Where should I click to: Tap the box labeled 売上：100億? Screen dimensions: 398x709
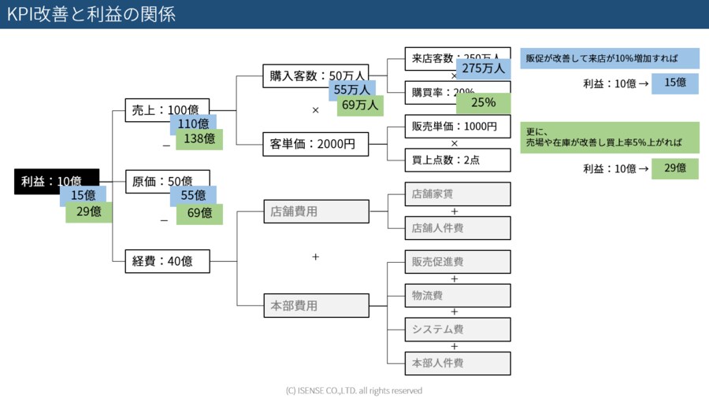167,111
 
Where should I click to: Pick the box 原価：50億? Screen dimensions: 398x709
167,182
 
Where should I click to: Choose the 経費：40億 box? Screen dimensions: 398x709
167,261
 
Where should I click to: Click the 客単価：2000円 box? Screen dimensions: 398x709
315,145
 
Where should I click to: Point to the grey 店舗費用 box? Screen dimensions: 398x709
315,212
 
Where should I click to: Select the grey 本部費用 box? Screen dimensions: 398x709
315,306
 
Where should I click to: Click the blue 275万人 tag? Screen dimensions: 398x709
483,68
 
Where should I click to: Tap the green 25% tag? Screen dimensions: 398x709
483,103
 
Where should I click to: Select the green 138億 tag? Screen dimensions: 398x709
199,139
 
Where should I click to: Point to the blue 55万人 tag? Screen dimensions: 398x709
351,90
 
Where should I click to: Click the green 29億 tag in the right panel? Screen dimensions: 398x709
674,168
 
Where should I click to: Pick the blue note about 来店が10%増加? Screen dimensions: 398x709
610,58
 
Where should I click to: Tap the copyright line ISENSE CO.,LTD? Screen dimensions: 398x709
354,390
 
